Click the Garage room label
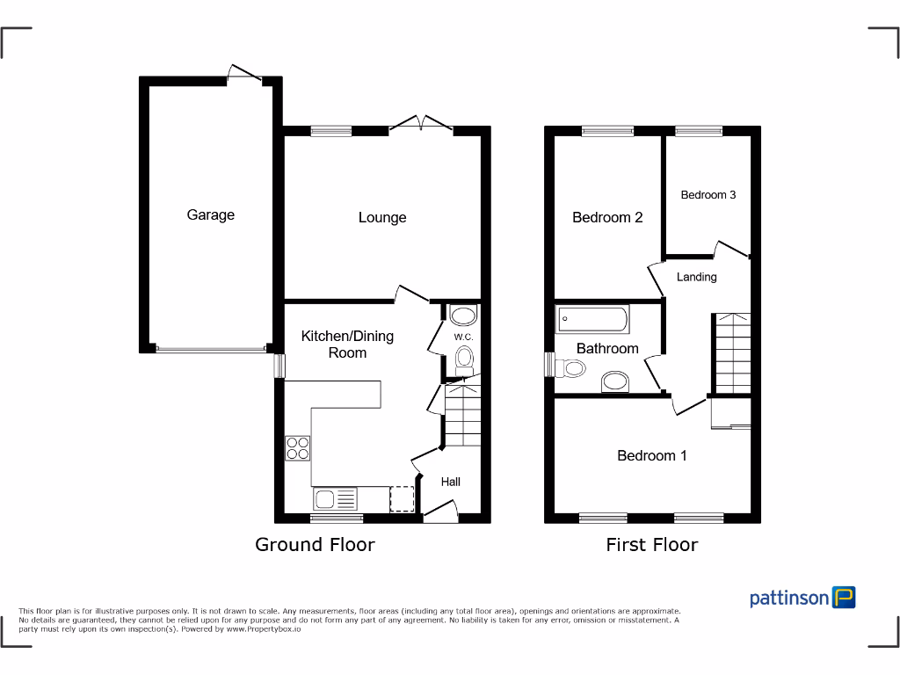211,214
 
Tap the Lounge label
382,218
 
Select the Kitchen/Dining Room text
347,344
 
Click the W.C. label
463,337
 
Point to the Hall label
451,482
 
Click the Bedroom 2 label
607,217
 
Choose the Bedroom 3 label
708,195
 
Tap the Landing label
696,277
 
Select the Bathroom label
607,349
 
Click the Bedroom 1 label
652,455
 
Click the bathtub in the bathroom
592,319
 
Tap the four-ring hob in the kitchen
298,448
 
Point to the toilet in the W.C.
464,358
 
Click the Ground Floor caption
315,545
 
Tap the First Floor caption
652,545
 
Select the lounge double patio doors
421,123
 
